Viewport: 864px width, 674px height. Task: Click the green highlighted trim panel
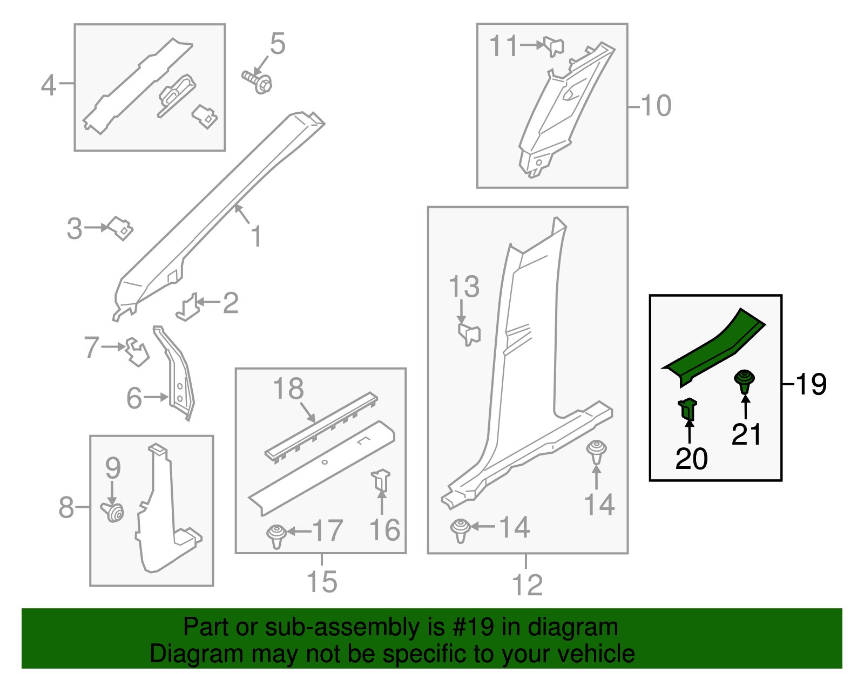pyautogui.click(x=713, y=348)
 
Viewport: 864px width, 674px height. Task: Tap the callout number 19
pyautogui.click(x=811, y=384)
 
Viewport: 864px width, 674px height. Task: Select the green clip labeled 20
pyautogui.click(x=687, y=410)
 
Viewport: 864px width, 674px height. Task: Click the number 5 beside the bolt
pyautogui.click(x=277, y=44)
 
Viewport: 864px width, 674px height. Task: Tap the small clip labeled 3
pyautogui.click(x=120, y=228)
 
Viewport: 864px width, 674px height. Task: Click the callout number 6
pyautogui.click(x=134, y=398)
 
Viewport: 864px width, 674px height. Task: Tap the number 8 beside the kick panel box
pyautogui.click(x=66, y=507)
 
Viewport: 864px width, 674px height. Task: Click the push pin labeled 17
pyautogui.click(x=276, y=535)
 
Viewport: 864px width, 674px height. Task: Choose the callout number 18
pyautogui.click(x=288, y=389)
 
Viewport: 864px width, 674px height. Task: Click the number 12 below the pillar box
pyautogui.click(x=527, y=585)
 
